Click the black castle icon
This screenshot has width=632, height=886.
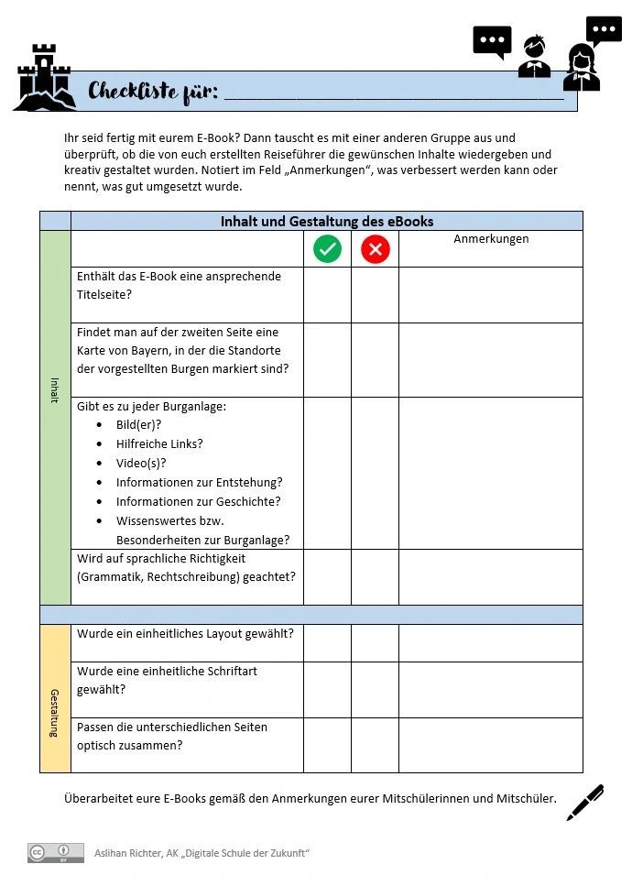coord(43,78)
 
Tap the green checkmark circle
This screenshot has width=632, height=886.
coord(327,248)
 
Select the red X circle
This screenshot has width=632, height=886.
coord(376,248)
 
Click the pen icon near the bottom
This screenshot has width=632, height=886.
coord(585,803)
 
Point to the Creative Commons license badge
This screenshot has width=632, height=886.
coord(55,853)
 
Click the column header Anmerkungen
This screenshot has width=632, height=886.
coord(491,239)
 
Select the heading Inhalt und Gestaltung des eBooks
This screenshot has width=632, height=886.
coord(327,221)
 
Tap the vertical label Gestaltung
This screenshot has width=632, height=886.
coord(55,713)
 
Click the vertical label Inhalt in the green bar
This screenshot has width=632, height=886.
coord(55,390)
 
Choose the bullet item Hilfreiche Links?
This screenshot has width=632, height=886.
coord(159,443)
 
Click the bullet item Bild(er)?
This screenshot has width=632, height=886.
coord(138,424)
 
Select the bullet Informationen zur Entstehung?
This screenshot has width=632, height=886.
coord(199,482)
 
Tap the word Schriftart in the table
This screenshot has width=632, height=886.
coord(225,671)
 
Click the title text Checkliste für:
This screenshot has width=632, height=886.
coord(153,92)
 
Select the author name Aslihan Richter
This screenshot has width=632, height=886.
coord(127,853)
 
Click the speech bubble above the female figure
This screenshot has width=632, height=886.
coord(604,31)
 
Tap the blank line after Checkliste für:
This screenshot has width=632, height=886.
coord(394,93)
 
